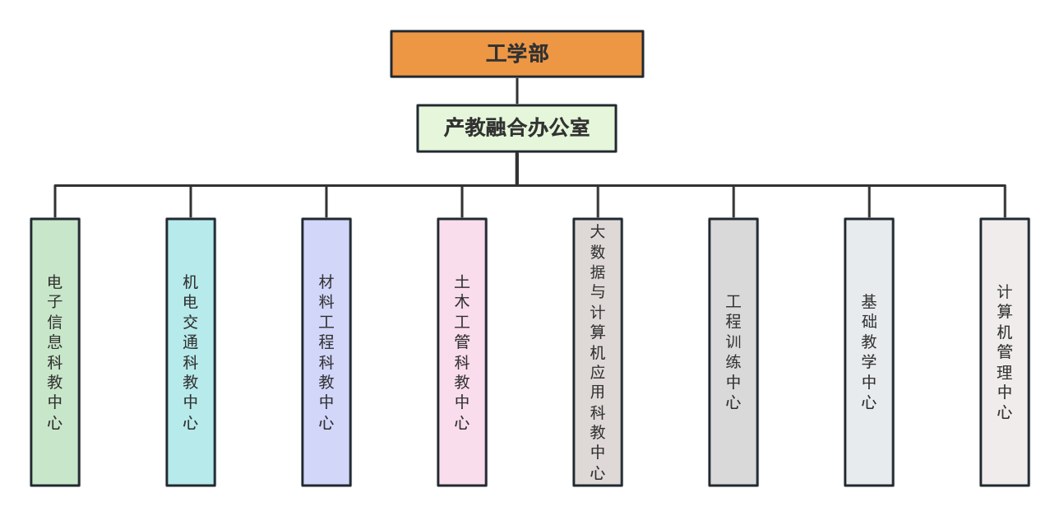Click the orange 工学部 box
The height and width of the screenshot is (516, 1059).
pyautogui.click(x=516, y=53)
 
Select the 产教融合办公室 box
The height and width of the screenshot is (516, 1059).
pyautogui.click(x=516, y=128)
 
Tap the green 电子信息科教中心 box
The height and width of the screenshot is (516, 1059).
pyautogui.click(x=55, y=351)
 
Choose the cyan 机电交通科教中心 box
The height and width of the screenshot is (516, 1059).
pyautogui.click(x=191, y=351)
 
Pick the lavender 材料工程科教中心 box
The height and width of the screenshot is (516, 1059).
pyautogui.click(x=326, y=351)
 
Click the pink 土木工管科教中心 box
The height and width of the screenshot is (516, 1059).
pyautogui.click(x=462, y=351)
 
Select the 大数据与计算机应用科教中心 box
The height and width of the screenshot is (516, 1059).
pyautogui.click(x=598, y=351)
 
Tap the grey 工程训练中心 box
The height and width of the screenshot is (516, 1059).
pyautogui.click(x=733, y=351)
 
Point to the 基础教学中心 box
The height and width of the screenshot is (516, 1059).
pyautogui.click(x=869, y=351)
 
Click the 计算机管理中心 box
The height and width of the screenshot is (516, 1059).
pyautogui.click(x=1005, y=351)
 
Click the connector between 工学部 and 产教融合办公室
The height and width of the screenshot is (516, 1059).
pyautogui.click(x=516, y=91)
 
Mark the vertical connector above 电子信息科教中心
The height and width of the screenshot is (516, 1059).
pyautogui.click(x=55, y=202)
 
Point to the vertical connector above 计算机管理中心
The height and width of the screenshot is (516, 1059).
pyautogui.click(x=1005, y=202)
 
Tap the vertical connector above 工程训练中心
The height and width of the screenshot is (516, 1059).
pyautogui.click(x=733, y=202)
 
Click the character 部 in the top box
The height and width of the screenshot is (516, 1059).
pyautogui.click(x=539, y=53)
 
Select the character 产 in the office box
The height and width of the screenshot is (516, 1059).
pyautogui.click(x=454, y=128)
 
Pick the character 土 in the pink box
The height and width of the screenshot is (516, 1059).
pyautogui.click(x=462, y=281)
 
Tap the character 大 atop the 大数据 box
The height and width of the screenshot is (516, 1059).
pyautogui.click(x=598, y=232)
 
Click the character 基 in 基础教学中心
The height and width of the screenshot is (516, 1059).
pyautogui.click(x=869, y=302)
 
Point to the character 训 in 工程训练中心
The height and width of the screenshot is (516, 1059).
pyautogui.click(x=733, y=342)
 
